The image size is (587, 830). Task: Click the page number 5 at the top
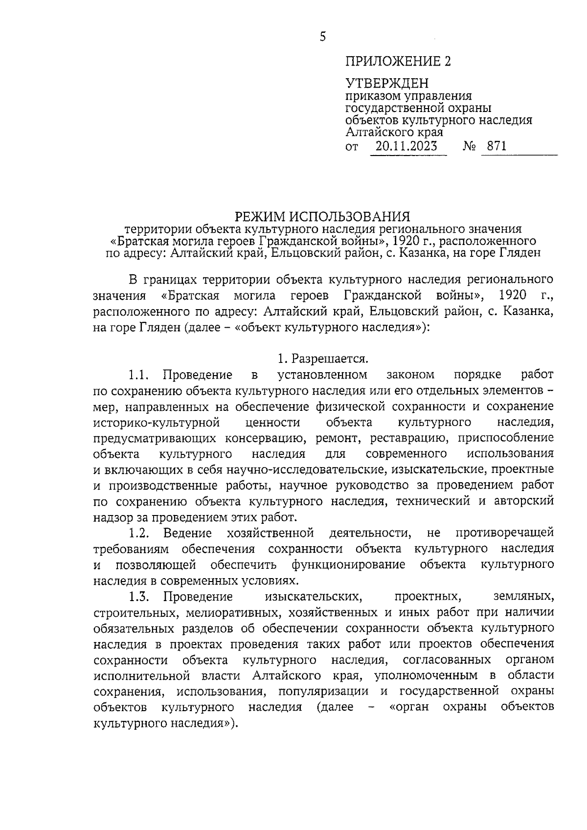pyautogui.click(x=322, y=37)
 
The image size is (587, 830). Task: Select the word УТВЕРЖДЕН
pyautogui.click(x=387, y=84)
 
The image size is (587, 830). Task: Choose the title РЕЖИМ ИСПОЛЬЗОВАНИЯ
pyautogui.click(x=323, y=216)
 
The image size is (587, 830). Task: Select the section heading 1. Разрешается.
pyautogui.click(x=323, y=359)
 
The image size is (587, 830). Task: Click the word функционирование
pyautogui.click(x=348, y=564)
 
